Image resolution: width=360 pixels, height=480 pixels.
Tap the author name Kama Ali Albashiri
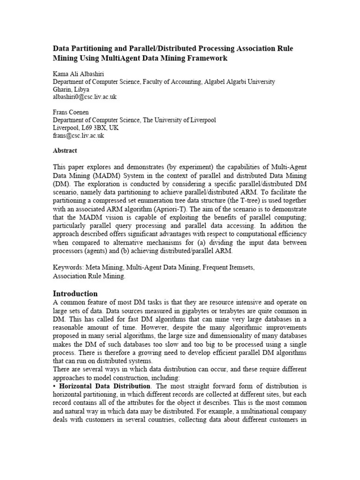(78, 74)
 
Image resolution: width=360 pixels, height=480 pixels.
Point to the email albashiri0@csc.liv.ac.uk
(84, 97)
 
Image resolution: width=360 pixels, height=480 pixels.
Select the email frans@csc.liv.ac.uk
(78, 135)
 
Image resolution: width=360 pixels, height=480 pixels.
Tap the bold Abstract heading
(65, 151)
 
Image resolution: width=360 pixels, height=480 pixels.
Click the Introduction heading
(75, 293)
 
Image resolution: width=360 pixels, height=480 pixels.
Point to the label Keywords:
(67, 267)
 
